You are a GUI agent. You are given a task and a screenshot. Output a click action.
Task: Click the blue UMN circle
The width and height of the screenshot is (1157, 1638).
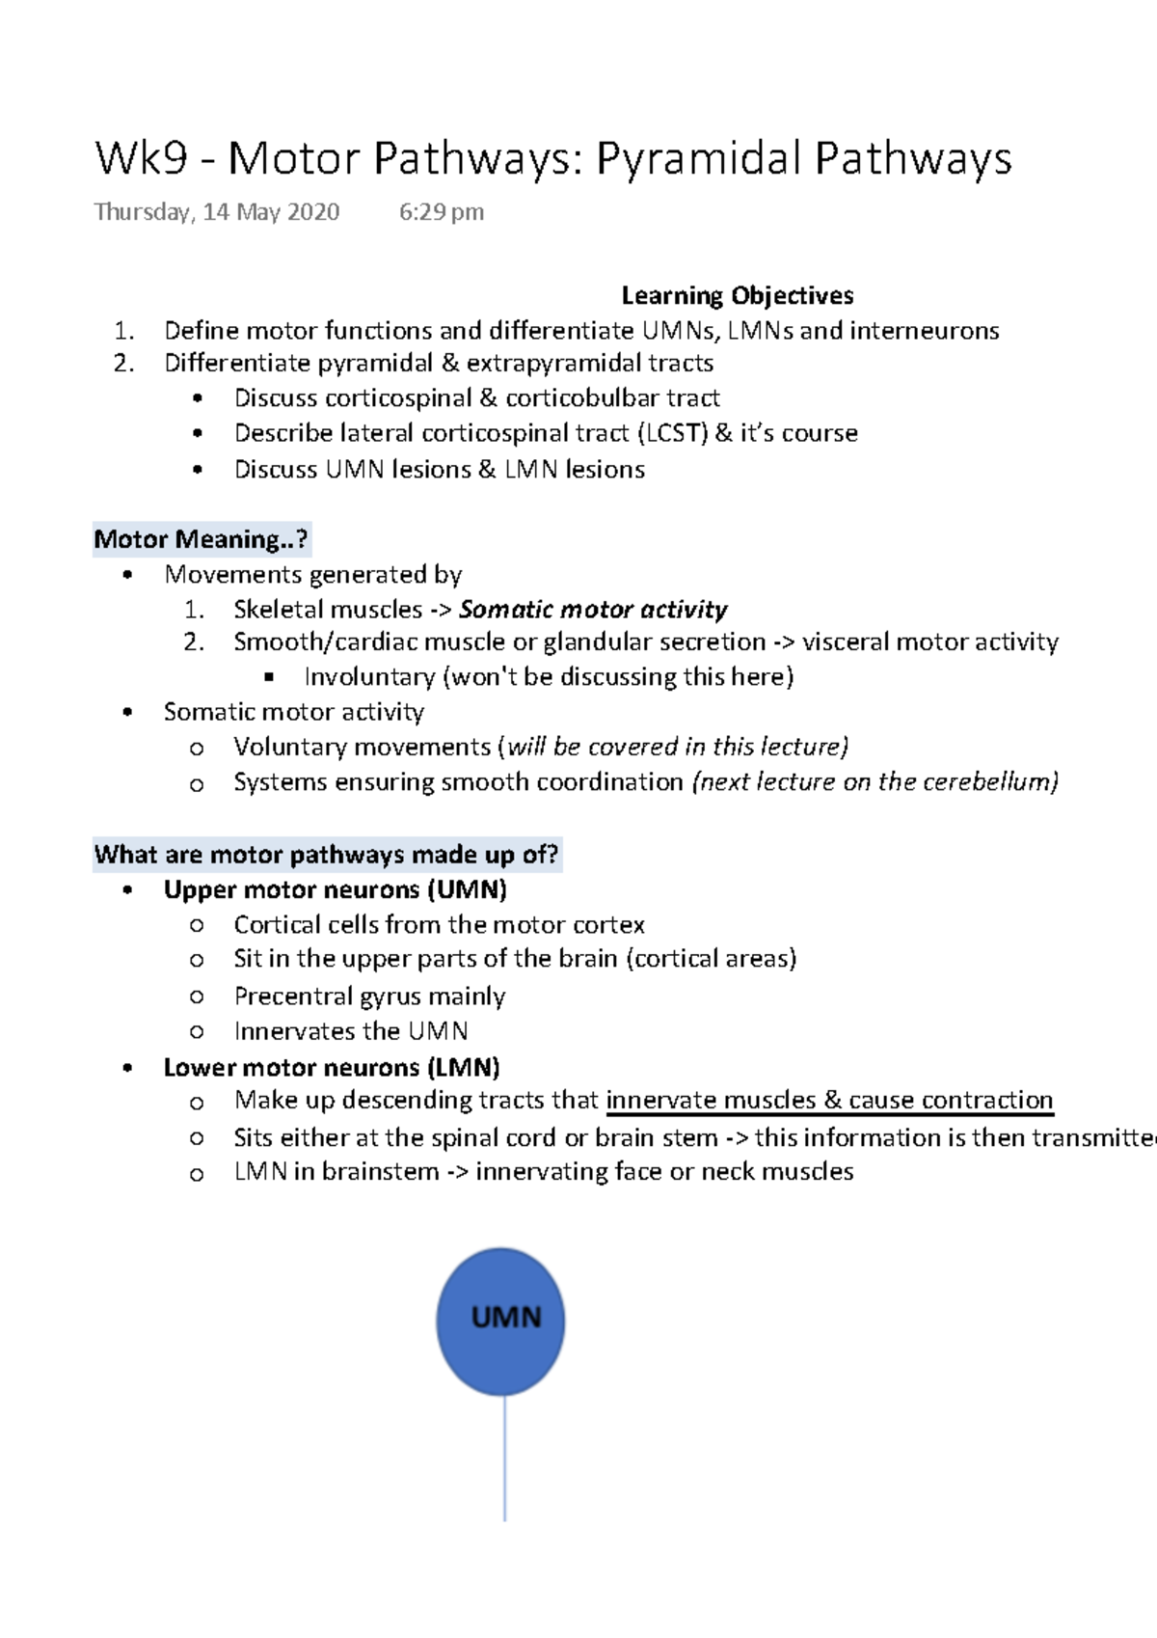click(500, 1321)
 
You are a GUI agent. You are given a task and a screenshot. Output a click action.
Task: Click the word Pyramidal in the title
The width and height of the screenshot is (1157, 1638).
click(698, 159)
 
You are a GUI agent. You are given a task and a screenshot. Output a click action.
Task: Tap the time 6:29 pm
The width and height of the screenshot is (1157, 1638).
click(442, 212)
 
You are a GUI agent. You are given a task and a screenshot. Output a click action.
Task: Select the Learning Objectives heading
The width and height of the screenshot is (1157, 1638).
click(738, 295)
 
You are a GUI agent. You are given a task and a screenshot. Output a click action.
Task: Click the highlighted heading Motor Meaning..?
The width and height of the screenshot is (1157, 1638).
click(201, 539)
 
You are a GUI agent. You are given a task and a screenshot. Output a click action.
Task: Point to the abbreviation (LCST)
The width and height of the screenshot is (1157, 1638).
click(672, 433)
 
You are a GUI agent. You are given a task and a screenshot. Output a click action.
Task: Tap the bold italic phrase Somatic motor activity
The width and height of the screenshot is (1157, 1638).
click(593, 610)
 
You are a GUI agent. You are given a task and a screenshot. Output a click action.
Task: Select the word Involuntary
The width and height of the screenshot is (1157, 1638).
click(369, 677)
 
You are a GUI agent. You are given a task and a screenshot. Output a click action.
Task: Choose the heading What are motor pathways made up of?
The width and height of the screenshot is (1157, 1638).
click(326, 855)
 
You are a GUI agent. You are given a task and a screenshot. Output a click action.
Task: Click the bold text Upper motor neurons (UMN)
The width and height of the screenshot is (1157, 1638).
click(335, 889)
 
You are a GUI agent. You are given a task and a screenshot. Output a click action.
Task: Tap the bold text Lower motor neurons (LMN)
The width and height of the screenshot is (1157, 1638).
click(332, 1068)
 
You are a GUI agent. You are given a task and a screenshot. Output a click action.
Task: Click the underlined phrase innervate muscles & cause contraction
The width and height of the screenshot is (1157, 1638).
click(829, 1101)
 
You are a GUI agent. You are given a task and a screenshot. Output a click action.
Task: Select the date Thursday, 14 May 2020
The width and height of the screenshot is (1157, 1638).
click(217, 212)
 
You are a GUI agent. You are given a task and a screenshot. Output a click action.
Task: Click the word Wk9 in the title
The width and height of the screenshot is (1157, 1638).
click(141, 159)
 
